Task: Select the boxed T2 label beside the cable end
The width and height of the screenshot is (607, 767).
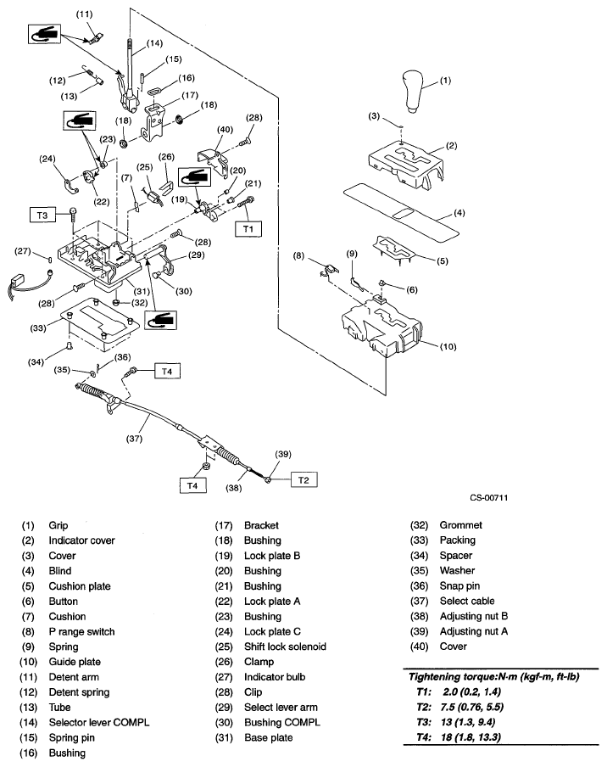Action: coord(304,479)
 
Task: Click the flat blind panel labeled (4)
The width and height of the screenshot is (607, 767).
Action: coord(407,209)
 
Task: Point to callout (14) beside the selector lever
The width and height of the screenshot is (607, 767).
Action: coord(153,42)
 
